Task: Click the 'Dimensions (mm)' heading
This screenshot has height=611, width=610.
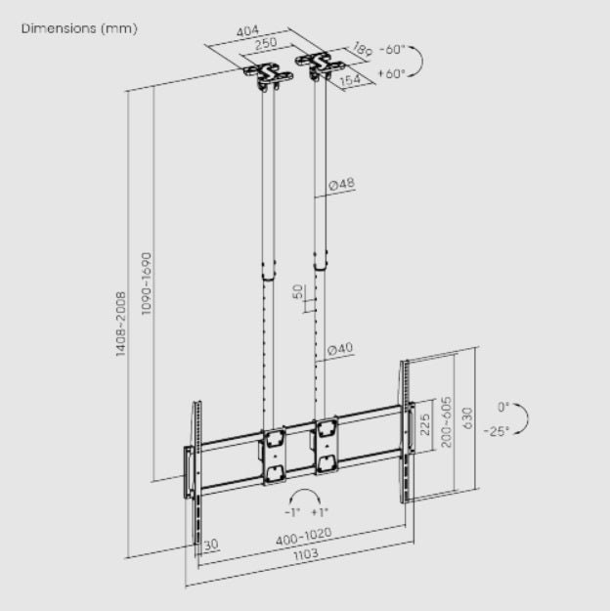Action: click(x=79, y=28)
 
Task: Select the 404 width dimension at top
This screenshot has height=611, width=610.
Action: click(x=246, y=32)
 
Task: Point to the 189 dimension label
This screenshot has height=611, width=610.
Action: click(x=362, y=50)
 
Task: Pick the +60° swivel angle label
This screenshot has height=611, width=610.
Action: click(x=391, y=73)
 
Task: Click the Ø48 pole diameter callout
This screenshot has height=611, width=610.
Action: click(x=341, y=185)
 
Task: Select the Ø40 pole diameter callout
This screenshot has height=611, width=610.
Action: click(x=340, y=349)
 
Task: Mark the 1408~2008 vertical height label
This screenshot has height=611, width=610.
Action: click(x=120, y=323)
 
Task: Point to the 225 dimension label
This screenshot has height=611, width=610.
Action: click(x=423, y=425)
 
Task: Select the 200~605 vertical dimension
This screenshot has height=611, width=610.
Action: click(x=446, y=420)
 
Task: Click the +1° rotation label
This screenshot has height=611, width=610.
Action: click(x=320, y=511)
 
